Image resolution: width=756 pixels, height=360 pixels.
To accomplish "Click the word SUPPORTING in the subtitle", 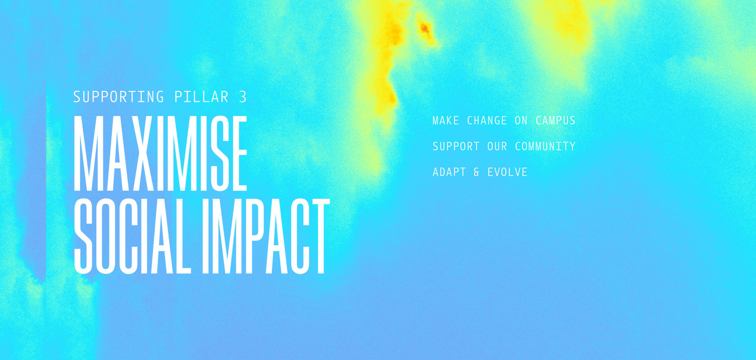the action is pyautogui.click(x=118, y=97).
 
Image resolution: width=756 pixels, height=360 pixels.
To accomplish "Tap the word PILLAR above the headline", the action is pyautogui.click(x=202, y=97).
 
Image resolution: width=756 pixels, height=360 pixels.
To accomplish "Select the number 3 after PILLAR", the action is pyautogui.click(x=243, y=97).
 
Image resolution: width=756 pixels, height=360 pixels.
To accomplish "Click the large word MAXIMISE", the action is pyautogui.click(x=160, y=153).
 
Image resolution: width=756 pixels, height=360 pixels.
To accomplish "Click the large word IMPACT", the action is pyautogui.click(x=266, y=236).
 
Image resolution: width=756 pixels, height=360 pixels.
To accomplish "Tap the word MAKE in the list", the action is pyautogui.click(x=446, y=121).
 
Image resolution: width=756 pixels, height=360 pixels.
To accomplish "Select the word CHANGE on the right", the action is pyautogui.click(x=487, y=121).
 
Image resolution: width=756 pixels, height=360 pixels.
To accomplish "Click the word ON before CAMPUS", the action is pyautogui.click(x=522, y=121).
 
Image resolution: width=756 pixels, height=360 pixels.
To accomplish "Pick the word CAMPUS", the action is pyautogui.click(x=555, y=121).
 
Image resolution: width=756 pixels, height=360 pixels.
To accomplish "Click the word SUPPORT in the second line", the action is pyautogui.click(x=456, y=146).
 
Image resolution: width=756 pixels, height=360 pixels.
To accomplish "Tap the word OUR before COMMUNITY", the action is pyautogui.click(x=497, y=146).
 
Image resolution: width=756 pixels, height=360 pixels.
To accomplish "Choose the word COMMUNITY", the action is pyautogui.click(x=545, y=146).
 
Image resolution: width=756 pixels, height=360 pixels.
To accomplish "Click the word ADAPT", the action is pyautogui.click(x=449, y=172).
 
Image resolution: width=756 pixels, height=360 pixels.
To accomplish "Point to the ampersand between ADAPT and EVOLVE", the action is pyautogui.click(x=477, y=172).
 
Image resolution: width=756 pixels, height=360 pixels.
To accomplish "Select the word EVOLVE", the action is pyautogui.click(x=507, y=172).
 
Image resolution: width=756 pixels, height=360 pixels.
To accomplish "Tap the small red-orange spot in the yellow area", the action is pyautogui.click(x=425, y=28).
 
